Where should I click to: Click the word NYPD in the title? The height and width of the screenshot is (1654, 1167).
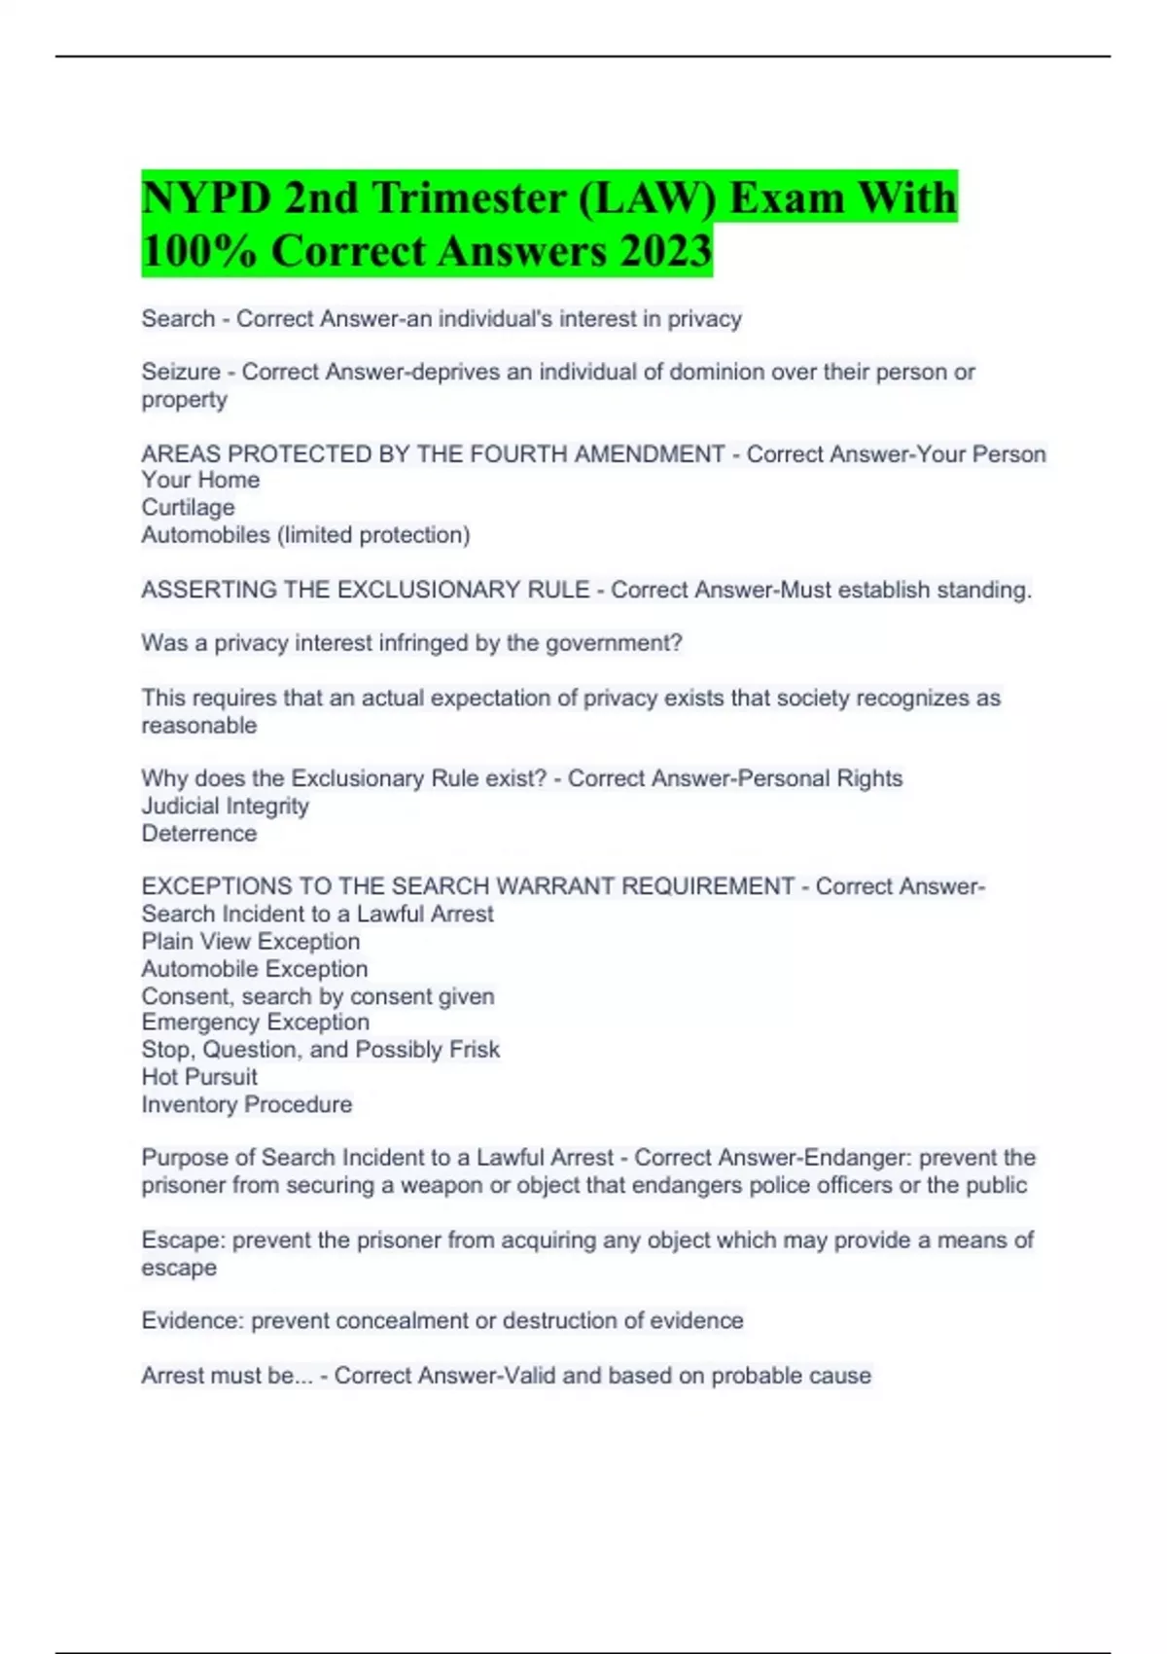point(206,198)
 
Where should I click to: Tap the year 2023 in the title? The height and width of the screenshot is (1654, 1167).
point(666,251)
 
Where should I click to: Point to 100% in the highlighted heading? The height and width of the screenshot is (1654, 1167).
point(199,251)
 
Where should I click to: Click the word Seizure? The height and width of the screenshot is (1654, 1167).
point(181,372)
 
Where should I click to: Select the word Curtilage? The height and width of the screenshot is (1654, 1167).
point(188,507)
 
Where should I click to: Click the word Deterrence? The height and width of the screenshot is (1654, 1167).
point(199,833)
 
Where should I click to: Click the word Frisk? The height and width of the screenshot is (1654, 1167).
point(476,1049)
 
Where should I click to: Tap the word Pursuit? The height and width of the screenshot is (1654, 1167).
point(227,1077)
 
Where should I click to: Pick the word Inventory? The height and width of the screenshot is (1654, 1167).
point(190,1104)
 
